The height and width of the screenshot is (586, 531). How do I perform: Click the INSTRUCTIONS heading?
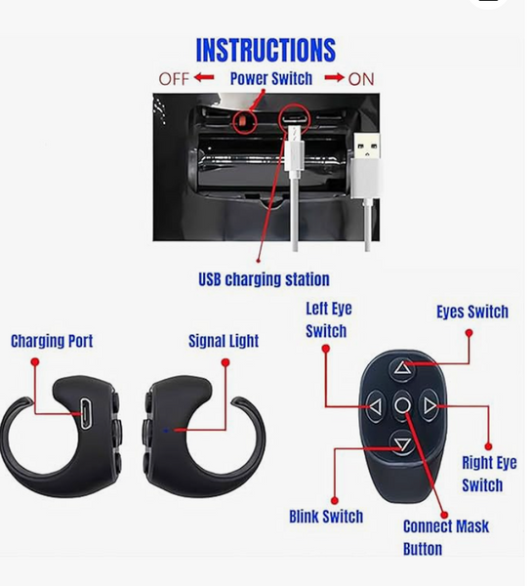(x=265, y=50)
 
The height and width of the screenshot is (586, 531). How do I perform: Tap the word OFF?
(x=174, y=79)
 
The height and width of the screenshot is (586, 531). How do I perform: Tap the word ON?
(x=361, y=79)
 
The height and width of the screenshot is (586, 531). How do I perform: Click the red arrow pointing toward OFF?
(x=204, y=78)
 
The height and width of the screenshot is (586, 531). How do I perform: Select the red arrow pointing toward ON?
(x=334, y=78)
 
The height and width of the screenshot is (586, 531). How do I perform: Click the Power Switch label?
(x=271, y=79)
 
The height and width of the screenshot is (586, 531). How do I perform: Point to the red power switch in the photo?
(x=243, y=121)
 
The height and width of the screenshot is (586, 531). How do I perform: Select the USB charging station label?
(x=264, y=279)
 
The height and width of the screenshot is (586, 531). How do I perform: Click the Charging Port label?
(x=52, y=341)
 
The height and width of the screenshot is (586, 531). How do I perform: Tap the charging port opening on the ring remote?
(x=85, y=413)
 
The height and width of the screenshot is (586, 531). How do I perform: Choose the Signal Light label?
(x=224, y=341)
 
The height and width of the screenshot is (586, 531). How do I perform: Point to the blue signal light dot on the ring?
(x=166, y=431)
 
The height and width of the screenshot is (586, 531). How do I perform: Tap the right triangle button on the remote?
(x=429, y=406)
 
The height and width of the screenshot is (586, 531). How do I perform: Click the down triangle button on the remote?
(x=402, y=444)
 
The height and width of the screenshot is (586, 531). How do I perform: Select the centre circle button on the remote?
(x=402, y=405)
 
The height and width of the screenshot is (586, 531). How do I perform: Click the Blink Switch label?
(x=326, y=517)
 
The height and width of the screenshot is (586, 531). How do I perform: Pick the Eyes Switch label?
(x=472, y=312)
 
